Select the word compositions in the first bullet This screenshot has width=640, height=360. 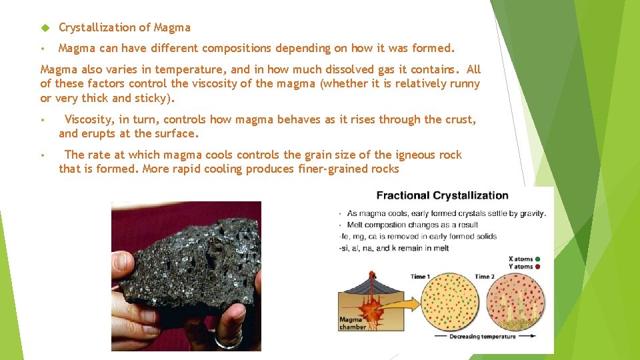233,48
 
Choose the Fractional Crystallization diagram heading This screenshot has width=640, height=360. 442,195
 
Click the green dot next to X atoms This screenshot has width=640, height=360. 537,259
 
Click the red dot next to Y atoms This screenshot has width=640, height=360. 537,267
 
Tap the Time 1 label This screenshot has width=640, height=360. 419,276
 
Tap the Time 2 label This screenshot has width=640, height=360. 485,276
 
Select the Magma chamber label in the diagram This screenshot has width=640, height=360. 351,323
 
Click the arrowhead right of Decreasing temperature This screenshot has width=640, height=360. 534,337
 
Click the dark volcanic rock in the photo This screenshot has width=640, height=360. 193,267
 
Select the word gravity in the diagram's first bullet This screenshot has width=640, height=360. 532,213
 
